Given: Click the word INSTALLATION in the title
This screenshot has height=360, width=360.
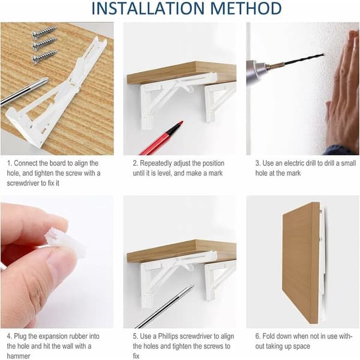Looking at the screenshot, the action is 148,8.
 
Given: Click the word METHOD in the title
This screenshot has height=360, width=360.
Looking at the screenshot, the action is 246,8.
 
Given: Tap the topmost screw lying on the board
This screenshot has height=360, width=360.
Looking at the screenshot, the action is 44,32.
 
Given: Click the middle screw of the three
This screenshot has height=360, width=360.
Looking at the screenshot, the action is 44,43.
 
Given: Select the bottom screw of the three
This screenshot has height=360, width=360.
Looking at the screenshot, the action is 44,56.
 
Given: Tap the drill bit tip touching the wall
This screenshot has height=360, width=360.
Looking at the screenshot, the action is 323,55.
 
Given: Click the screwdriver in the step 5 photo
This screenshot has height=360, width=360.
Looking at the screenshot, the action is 165,307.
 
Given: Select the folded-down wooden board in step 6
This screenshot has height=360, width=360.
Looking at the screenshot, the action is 301,263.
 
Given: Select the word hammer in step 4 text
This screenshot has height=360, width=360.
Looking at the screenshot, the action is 19,356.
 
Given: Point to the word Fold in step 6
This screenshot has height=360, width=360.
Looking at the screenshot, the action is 269,336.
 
